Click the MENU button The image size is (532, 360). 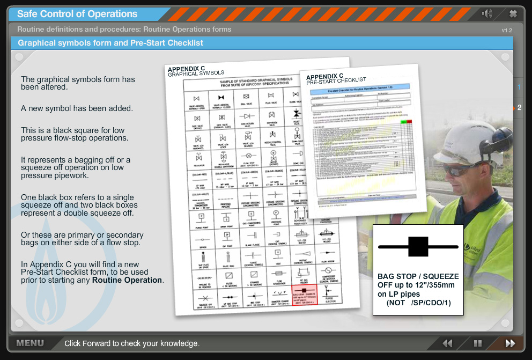[x=30, y=343]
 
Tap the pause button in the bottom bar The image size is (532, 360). [x=477, y=343]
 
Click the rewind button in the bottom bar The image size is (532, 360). [x=447, y=343]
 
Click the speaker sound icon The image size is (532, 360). [x=487, y=14]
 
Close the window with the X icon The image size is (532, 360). [x=513, y=14]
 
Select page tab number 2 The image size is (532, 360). [x=519, y=107]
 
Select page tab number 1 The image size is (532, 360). [x=519, y=87]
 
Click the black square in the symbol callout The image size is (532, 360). [x=418, y=246]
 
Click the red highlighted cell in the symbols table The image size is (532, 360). [x=305, y=293]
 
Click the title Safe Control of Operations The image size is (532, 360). [x=77, y=14]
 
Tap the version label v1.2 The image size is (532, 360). [x=507, y=30]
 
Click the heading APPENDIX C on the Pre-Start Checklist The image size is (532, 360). [x=324, y=76]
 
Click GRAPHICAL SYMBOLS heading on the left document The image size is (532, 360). [x=196, y=74]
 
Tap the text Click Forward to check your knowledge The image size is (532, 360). [x=132, y=343]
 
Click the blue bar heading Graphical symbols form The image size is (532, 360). [x=110, y=43]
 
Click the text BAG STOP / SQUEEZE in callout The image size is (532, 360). [x=418, y=276]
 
